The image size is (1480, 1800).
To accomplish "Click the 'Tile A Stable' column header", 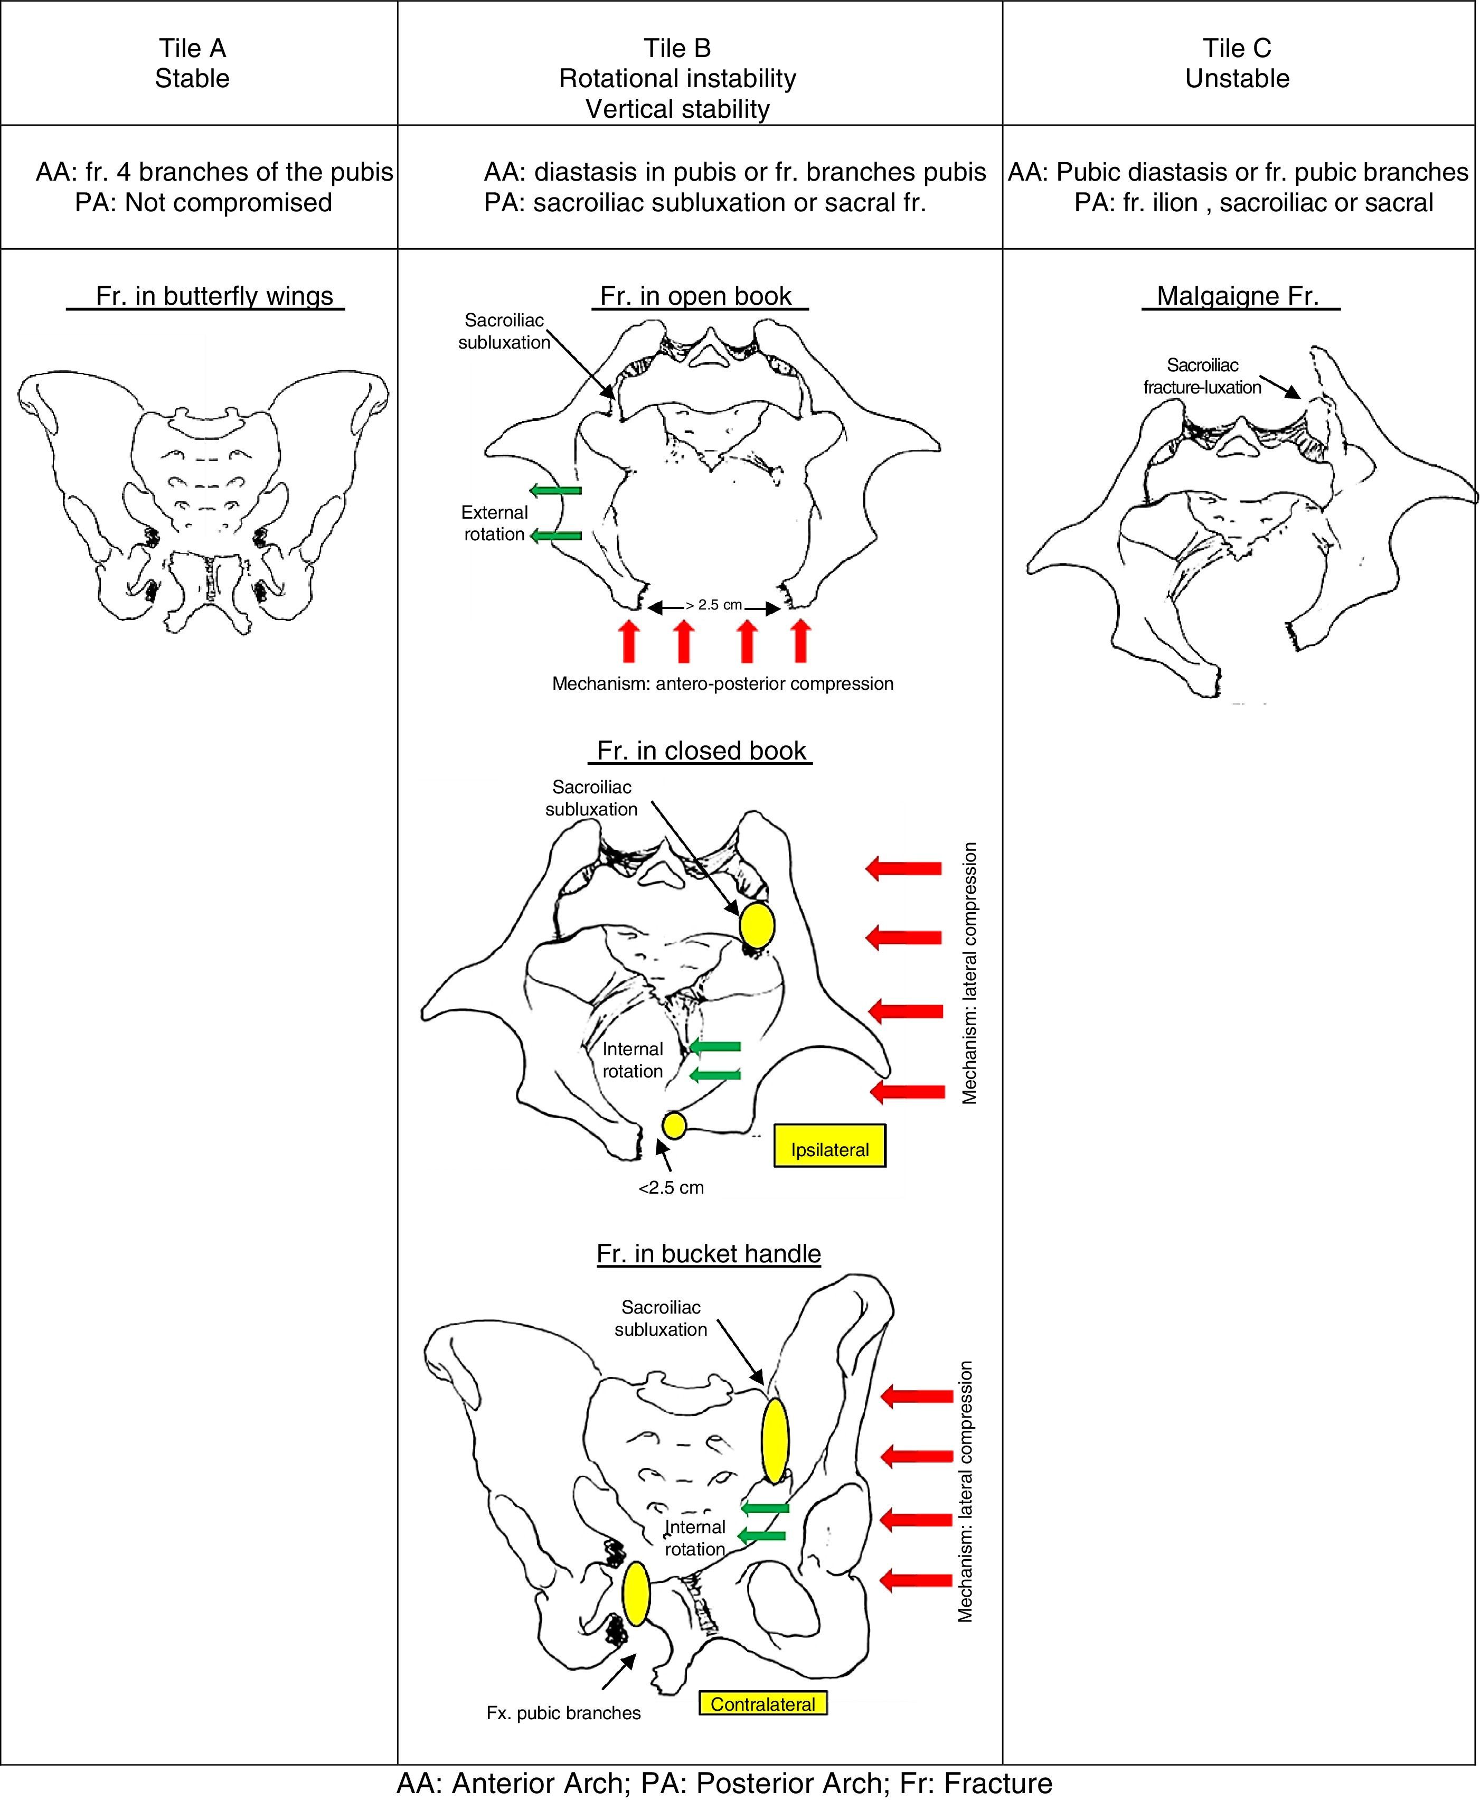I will (193, 63).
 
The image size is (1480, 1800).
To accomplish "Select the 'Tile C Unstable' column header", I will (1237, 63).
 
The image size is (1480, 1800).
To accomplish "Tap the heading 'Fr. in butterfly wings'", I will (214, 296).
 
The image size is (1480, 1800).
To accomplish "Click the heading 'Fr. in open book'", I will (696, 296).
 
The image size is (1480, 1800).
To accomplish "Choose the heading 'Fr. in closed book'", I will (701, 751).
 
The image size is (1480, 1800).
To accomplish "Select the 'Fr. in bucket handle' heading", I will (709, 1253).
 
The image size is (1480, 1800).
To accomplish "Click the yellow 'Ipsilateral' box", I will (829, 1149).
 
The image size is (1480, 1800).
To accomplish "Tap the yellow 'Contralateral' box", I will (763, 1704).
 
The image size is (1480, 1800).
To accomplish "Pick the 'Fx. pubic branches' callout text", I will (563, 1712).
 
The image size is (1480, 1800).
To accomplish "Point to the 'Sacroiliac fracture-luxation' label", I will (1202, 376).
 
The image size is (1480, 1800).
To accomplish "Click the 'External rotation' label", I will (494, 523).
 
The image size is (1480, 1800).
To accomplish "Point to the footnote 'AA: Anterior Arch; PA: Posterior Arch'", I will (724, 1782).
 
